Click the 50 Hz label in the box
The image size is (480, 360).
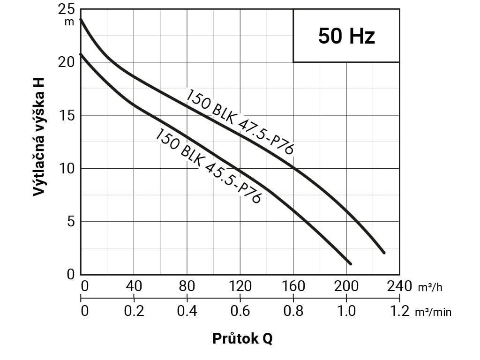point(346,36)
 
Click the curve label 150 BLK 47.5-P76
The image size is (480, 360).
point(240,121)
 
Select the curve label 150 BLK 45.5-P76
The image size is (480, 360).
point(208,166)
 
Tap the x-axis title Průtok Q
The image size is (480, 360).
point(242,338)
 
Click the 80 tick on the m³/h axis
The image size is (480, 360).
point(187,285)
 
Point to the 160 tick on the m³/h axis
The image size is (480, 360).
point(293,285)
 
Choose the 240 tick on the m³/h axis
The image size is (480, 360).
point(399,285)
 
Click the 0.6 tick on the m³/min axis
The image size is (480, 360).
point(240,311)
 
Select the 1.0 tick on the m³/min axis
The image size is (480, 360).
point(346,311)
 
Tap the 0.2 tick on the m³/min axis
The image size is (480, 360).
point(134,311)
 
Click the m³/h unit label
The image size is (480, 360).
point(429,287)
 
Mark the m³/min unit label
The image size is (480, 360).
point(433,312)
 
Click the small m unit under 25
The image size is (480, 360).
point(69,22)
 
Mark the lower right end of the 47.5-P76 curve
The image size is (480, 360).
point(383,252)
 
